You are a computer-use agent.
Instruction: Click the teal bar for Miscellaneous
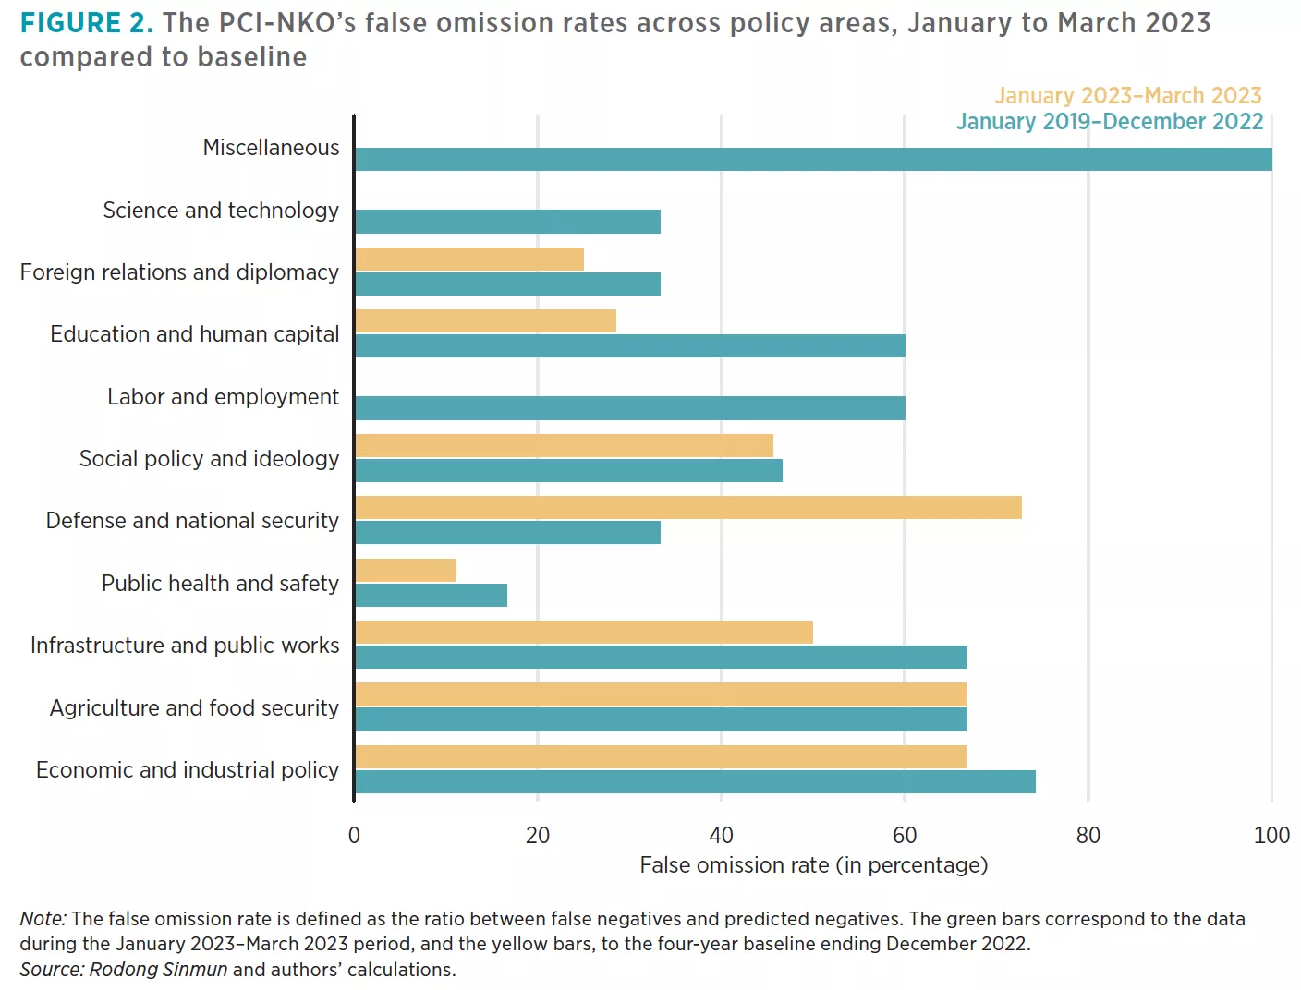pyautogui.click(x=813, y=159)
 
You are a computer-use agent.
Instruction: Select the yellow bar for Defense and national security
pyautogui.click(x=688, y=508)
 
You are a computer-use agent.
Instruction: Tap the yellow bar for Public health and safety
pyautogui.click(x=406, y=571)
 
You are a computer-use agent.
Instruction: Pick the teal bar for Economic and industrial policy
pyautogui.click(x=695, y=782)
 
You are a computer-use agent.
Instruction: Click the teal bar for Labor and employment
pyautogui.click(x=630, y=408)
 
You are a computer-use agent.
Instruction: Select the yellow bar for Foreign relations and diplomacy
pyautogui.click(x=469, y=260)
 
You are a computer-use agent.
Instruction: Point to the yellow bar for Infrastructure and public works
pyautogui.click(x=584, y=633)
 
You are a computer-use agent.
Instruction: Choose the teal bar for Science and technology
pyautogui.click(x=507, y=222)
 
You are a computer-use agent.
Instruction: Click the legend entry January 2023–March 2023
pyautogui.click(x=1127, y=96)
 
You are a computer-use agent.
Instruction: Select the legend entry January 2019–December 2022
pyautogui.click(x=1109, y=122)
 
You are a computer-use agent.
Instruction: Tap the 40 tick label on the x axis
pyautogui.click(x=721, y=836)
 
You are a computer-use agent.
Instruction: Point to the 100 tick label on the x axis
pyautogui.click(x=1271, y=836)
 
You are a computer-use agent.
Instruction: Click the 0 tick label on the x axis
pyautogui.click(x=354, y=836)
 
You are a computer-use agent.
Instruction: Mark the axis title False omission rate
pyautogui.click(x=813, y=865)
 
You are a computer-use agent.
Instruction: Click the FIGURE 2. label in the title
pyautogui.click(x=87, y=23)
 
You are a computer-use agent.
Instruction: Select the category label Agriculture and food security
pyautogui.click(x=194, y=708)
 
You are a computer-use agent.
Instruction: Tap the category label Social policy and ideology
pyautogui.click(x=209, y=459)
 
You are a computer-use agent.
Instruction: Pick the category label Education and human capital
pyautogui.click(x=194, y=334)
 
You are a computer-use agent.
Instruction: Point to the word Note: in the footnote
pyautogui.click(x=43, y=919)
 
